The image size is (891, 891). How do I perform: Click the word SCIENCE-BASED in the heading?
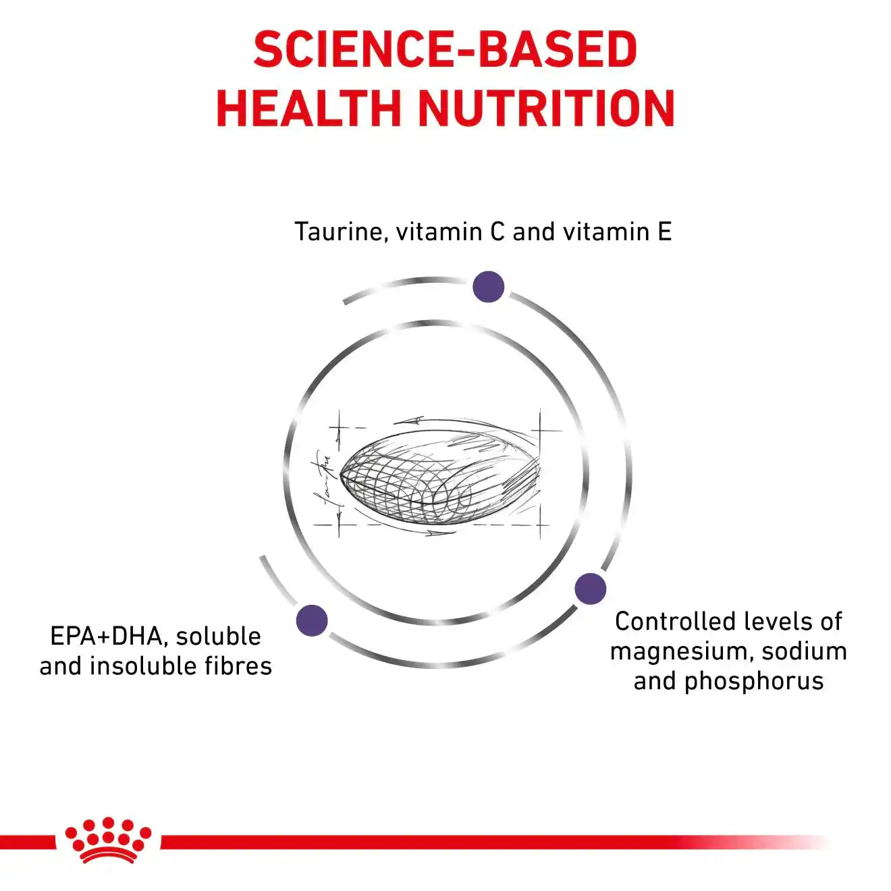click(x=446, y=49)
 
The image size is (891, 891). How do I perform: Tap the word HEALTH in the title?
click(x=308, y=109)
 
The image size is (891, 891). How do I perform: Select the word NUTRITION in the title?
click(x=547, y=109)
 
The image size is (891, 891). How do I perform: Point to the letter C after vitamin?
click(x=497, y=232)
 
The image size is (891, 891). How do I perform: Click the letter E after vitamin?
click(x=664, y=232)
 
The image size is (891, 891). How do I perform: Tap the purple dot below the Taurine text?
click(x=488, y=287)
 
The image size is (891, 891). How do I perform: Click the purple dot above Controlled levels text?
click(x=590, y=589)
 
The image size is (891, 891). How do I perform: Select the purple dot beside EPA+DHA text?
click(x=312, y=620)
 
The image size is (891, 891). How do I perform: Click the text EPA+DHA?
click(x=106, y=637)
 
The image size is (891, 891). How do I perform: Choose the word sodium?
click(x=804, y=651)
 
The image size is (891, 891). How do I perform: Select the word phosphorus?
click(x=754, y=682)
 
